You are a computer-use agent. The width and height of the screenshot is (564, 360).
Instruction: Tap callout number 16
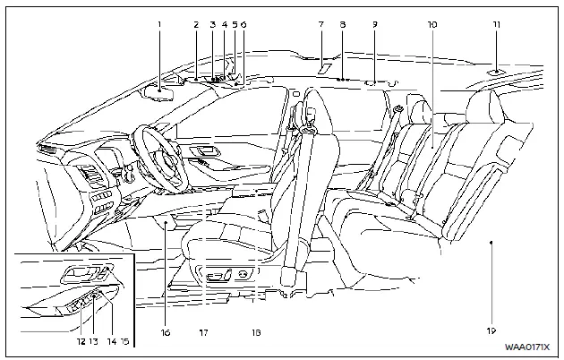(166, 331)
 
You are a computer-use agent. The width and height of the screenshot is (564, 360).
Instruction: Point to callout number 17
(203, 332)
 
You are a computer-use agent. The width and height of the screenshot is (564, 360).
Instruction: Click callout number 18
(256, 332)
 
